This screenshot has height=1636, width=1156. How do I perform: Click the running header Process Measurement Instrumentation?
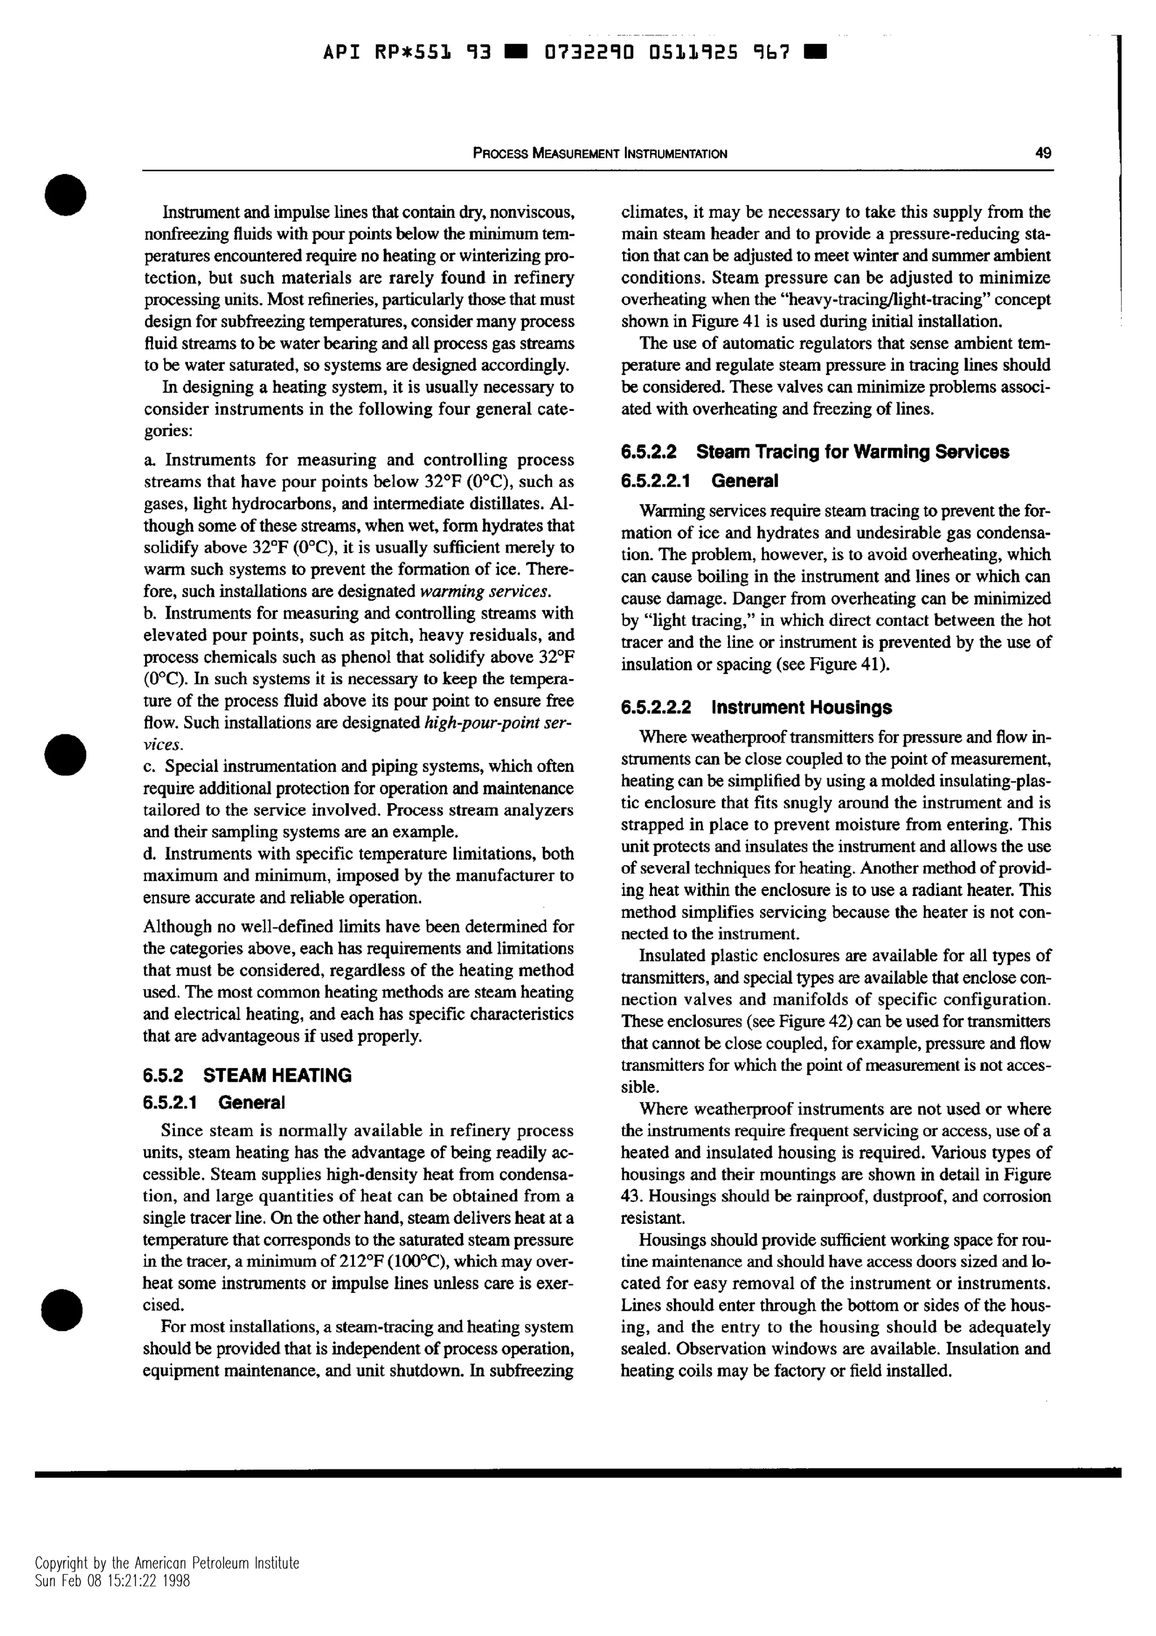click(599, 153)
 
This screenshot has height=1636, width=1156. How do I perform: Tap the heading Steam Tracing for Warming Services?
click(852, 452)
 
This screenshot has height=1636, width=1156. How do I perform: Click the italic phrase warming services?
click(485, 592)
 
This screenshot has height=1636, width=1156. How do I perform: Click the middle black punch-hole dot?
click(65, 754)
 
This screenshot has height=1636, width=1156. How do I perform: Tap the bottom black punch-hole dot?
click(63, 1309)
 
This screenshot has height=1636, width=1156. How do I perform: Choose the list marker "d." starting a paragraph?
click(150, 854)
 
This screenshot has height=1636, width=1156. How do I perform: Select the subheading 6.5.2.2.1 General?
click(699, 481)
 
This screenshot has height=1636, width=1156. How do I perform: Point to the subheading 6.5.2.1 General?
click(214, 1103)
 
